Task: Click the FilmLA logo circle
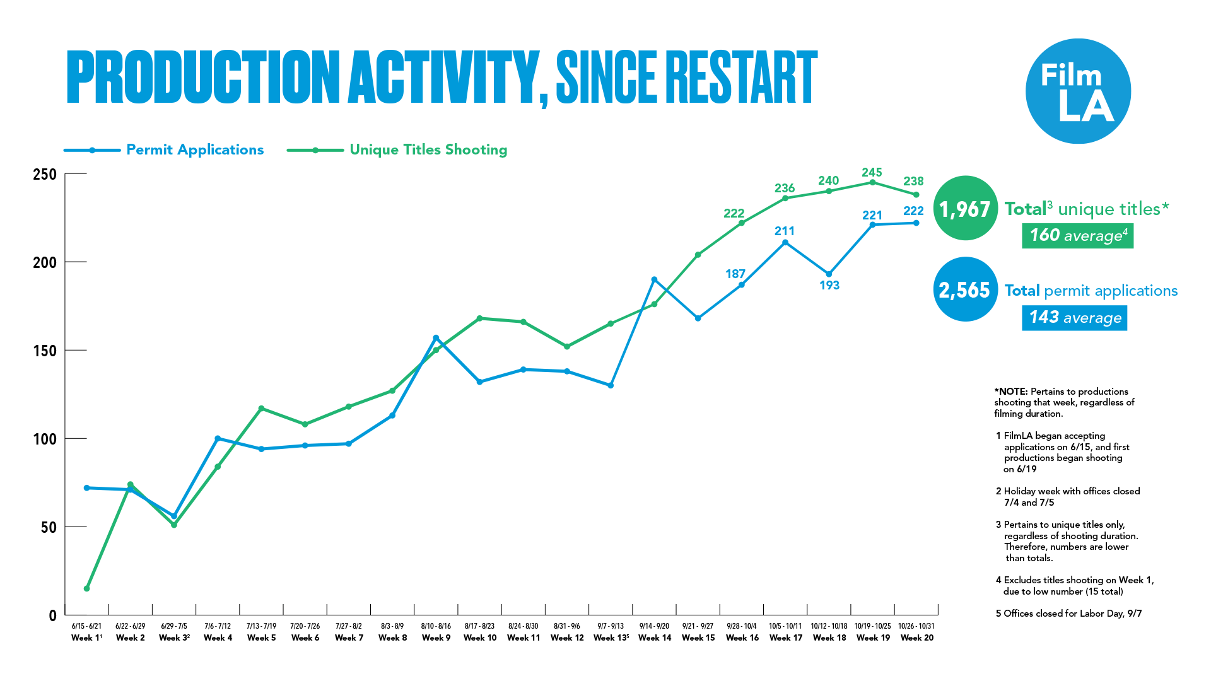1078,91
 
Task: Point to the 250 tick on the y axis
45,175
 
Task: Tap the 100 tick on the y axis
45,439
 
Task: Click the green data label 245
872,173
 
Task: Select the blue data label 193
829,286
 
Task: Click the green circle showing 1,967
965,209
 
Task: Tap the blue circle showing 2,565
965,290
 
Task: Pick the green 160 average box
1077,236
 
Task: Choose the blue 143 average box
1074,317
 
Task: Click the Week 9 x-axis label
436,637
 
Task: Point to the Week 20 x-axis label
916,637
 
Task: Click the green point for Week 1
86,588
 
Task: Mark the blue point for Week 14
654,279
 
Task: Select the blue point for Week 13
611,385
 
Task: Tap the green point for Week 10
479,318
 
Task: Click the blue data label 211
785,231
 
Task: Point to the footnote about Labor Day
1068,614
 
